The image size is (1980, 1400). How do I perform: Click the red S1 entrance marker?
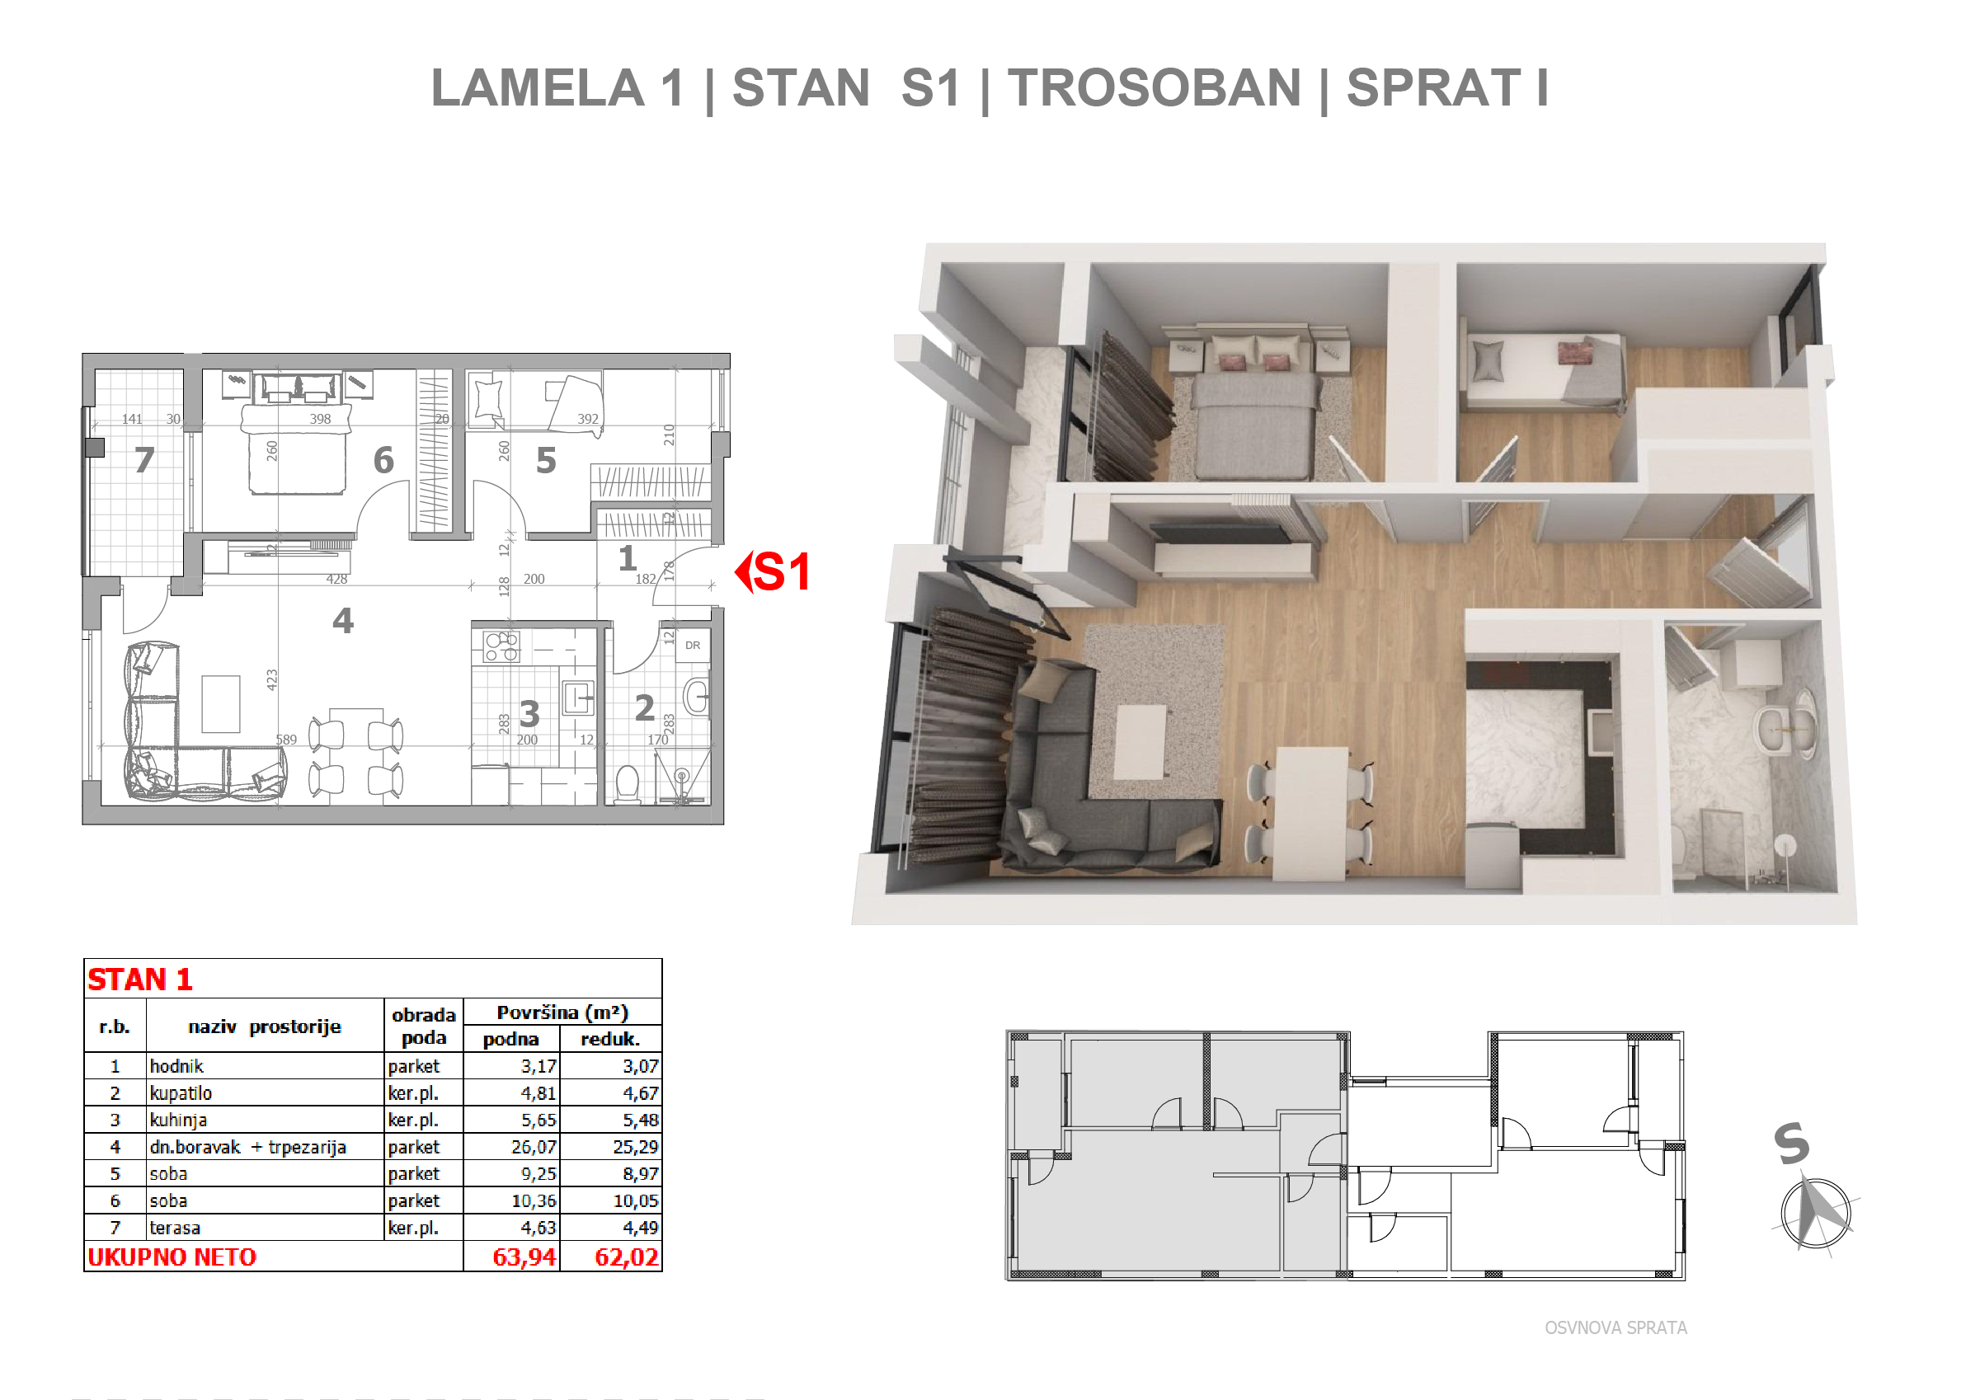click(773, 571)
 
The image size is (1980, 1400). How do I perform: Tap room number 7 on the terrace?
click(145, 459)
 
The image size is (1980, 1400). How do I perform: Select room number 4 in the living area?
click(343, 621)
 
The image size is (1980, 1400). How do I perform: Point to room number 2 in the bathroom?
click(644, 707)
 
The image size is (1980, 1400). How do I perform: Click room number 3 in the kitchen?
click(529, 714)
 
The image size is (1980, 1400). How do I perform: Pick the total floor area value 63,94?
click(524, 1257)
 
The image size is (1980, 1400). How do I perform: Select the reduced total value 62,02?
click(627, 1257)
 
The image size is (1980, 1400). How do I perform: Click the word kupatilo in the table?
click(181, 1093)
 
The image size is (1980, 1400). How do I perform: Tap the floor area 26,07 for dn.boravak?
click(534, 1148)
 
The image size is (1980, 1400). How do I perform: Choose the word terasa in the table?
click(175, 1228)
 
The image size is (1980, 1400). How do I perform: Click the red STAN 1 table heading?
click(140, 980)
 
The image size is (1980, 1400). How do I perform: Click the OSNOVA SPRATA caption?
click(1616, 1327)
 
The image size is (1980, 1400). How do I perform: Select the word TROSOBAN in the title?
click(1154, 88)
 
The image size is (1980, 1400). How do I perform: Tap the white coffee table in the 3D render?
click(1140, 741)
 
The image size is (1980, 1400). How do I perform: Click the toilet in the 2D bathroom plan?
click(628, 782)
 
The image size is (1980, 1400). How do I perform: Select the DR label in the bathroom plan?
click(693, 645)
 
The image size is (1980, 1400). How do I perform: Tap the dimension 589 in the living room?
click(286, 740)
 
